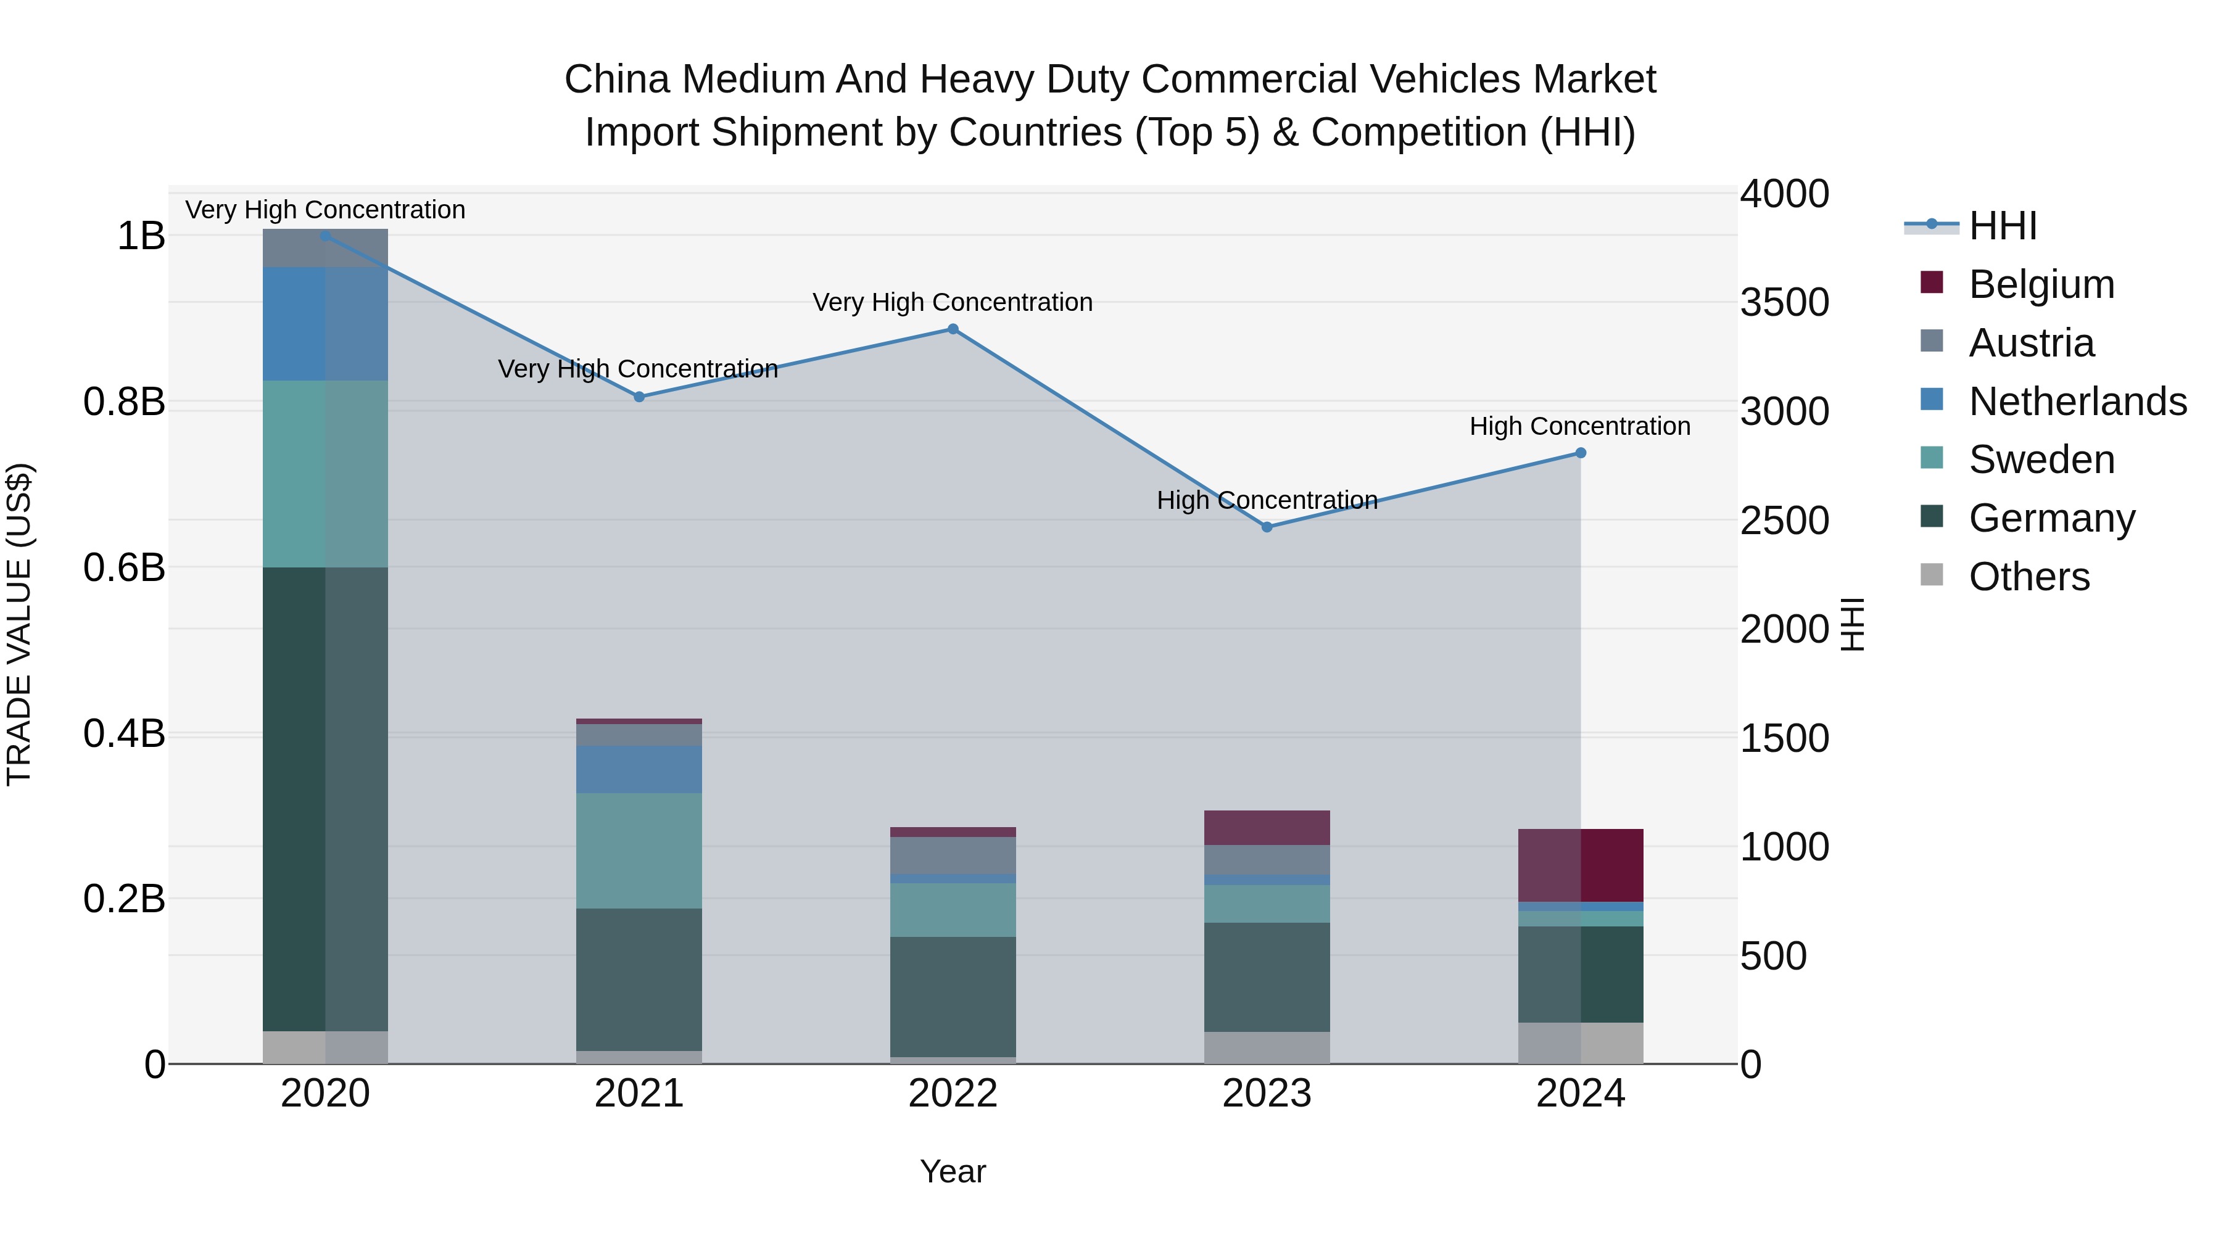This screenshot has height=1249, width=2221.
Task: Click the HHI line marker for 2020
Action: [325, 236]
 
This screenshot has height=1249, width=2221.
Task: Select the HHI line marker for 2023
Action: [1267, 527]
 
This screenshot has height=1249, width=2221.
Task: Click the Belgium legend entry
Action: [2041, 284]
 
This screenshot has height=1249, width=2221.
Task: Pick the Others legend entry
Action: [2029, 577]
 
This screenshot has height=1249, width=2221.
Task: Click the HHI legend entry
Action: [2002, 226]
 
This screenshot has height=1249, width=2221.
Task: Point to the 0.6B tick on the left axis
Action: [124, 568]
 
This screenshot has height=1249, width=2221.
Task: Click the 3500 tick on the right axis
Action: [1784, 303]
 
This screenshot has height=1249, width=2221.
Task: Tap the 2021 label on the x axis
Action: [639, 1094]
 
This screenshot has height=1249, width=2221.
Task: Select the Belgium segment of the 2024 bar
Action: [1581, 865]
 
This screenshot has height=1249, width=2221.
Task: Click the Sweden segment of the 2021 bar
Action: [639, 850]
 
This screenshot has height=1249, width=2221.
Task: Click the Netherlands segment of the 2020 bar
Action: [325, 323]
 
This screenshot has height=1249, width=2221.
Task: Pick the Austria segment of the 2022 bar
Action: [953, 854]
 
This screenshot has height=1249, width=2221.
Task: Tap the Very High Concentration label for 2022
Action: [952, 303]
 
